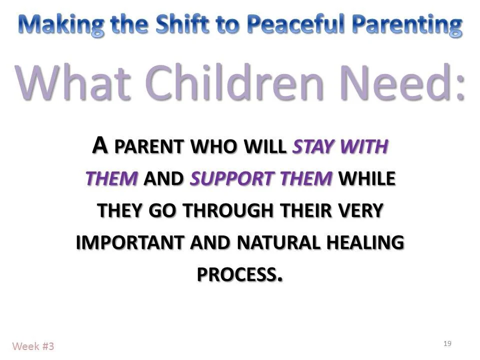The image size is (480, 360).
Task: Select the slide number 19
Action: [x=447, y=343]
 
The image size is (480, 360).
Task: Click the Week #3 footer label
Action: [x=33, y=346]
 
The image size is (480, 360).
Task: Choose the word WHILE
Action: [x=367, y=178]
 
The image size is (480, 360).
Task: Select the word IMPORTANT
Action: [x=130, y=242]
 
